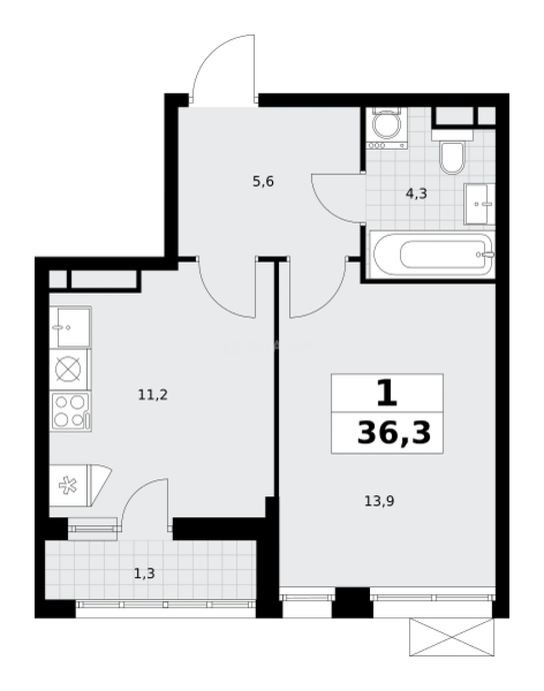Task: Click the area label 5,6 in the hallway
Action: click(x=263, y=182)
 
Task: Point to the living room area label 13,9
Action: click(x=379, y=501)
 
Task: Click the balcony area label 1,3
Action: click(x=144, y=573)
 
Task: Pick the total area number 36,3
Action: click(x=394, y=433)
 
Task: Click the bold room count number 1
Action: click(x=387, y=393)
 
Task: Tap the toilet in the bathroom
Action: click(x=452, y=157)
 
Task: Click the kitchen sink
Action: click(x=70, y=327)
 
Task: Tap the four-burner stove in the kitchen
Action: click(x=70, y=411)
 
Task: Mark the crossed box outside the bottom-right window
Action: click(x=452, y=637)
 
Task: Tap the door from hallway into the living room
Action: click(x=317, y=288)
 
